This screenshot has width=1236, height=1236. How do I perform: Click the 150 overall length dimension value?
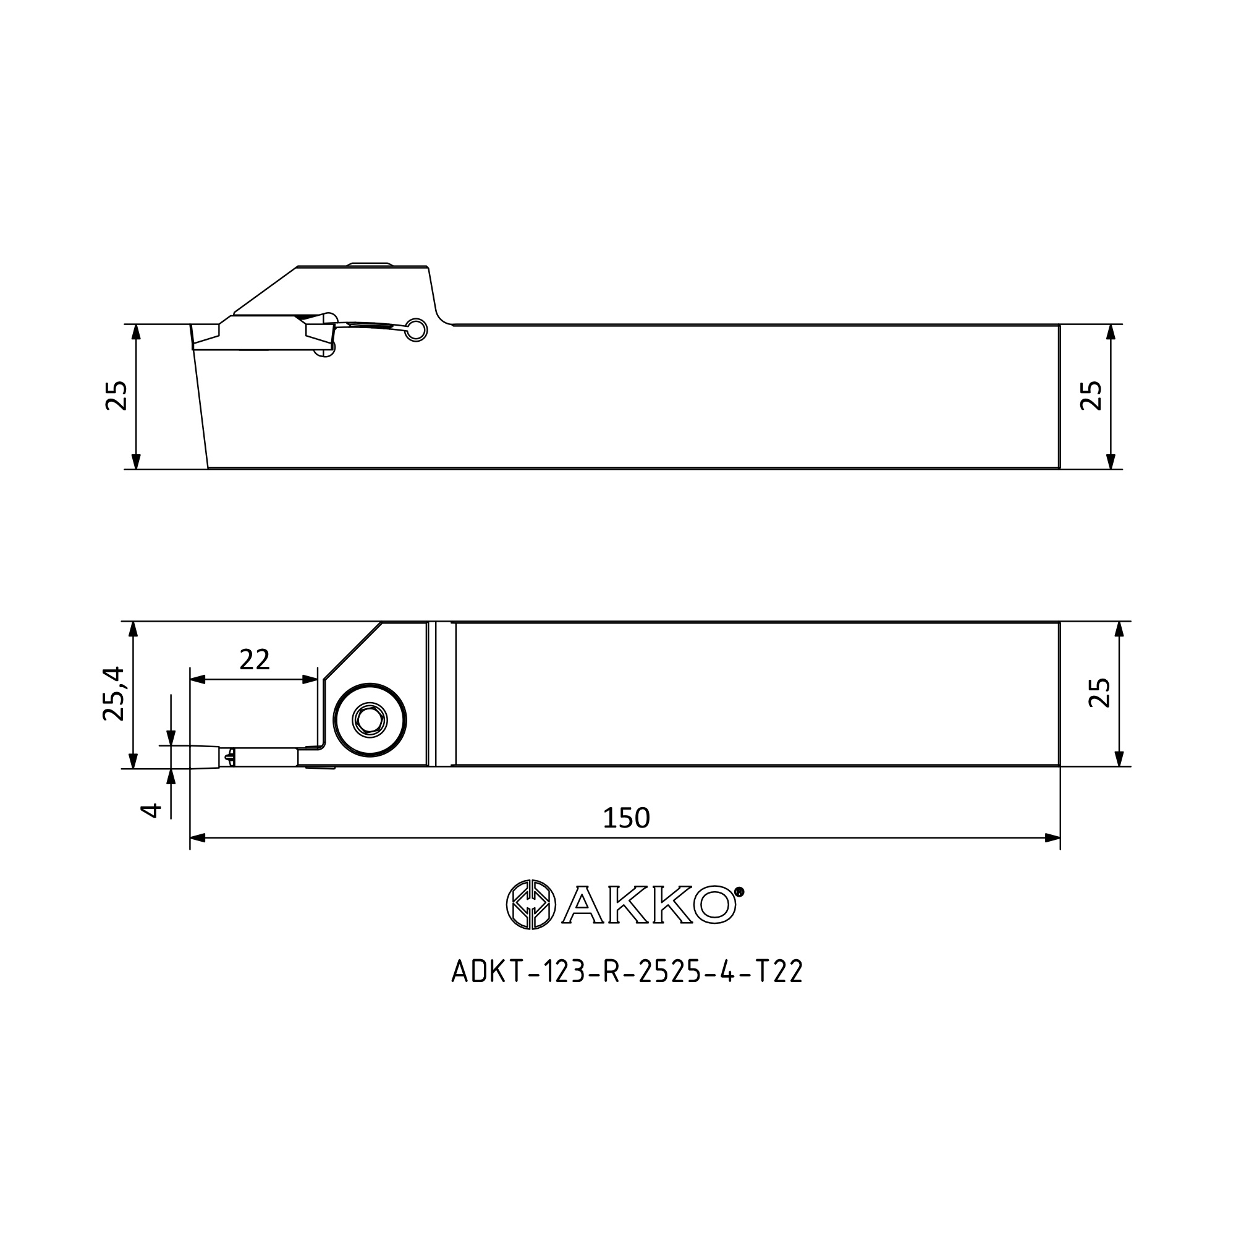[626, 817]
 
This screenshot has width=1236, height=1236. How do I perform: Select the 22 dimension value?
[255, 659]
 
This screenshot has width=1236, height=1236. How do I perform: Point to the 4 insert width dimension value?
[151, 811]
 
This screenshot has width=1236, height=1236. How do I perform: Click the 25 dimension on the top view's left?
[116, 396]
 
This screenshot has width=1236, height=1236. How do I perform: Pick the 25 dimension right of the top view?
[1091, 396]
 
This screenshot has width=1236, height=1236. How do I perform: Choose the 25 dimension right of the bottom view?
[1099, 692]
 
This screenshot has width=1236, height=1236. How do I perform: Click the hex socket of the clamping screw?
[370, 721]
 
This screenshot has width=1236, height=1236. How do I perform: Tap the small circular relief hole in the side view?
[417, 329]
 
